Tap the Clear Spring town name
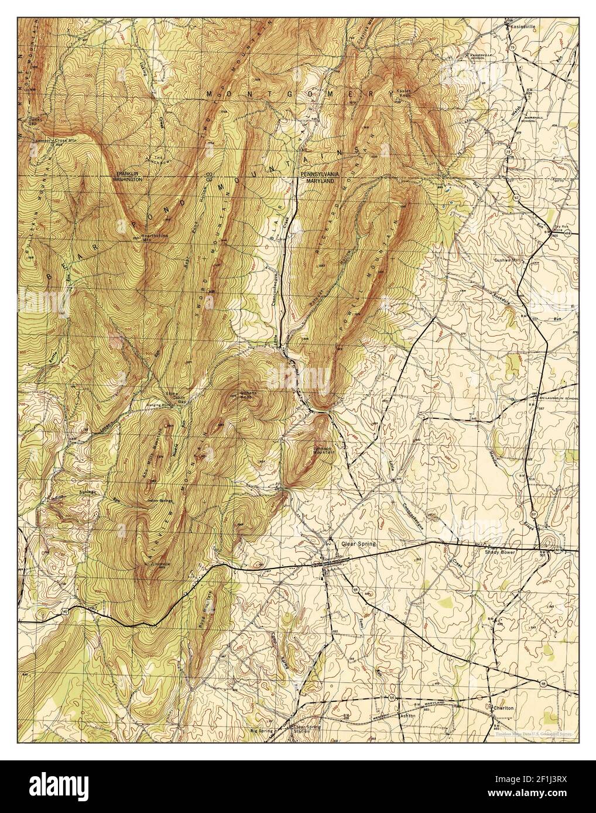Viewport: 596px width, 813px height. [357, 543]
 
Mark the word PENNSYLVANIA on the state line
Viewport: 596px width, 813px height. [320, 175]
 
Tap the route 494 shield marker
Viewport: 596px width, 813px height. [572, 233]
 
